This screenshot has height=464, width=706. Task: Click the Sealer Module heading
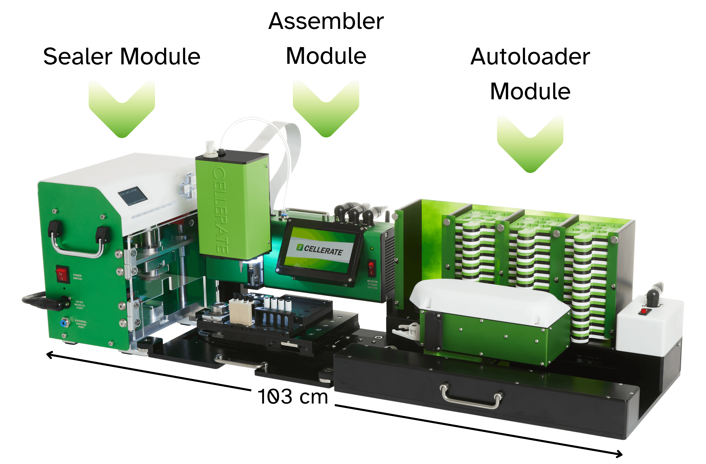[x=122, y=56]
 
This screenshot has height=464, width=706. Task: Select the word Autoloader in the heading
[x=530, y=56]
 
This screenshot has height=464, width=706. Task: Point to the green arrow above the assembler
[x=326, y=110]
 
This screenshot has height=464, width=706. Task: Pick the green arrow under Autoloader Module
[x=530, y=145]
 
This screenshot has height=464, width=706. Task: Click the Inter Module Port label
[x=80, y=305]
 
